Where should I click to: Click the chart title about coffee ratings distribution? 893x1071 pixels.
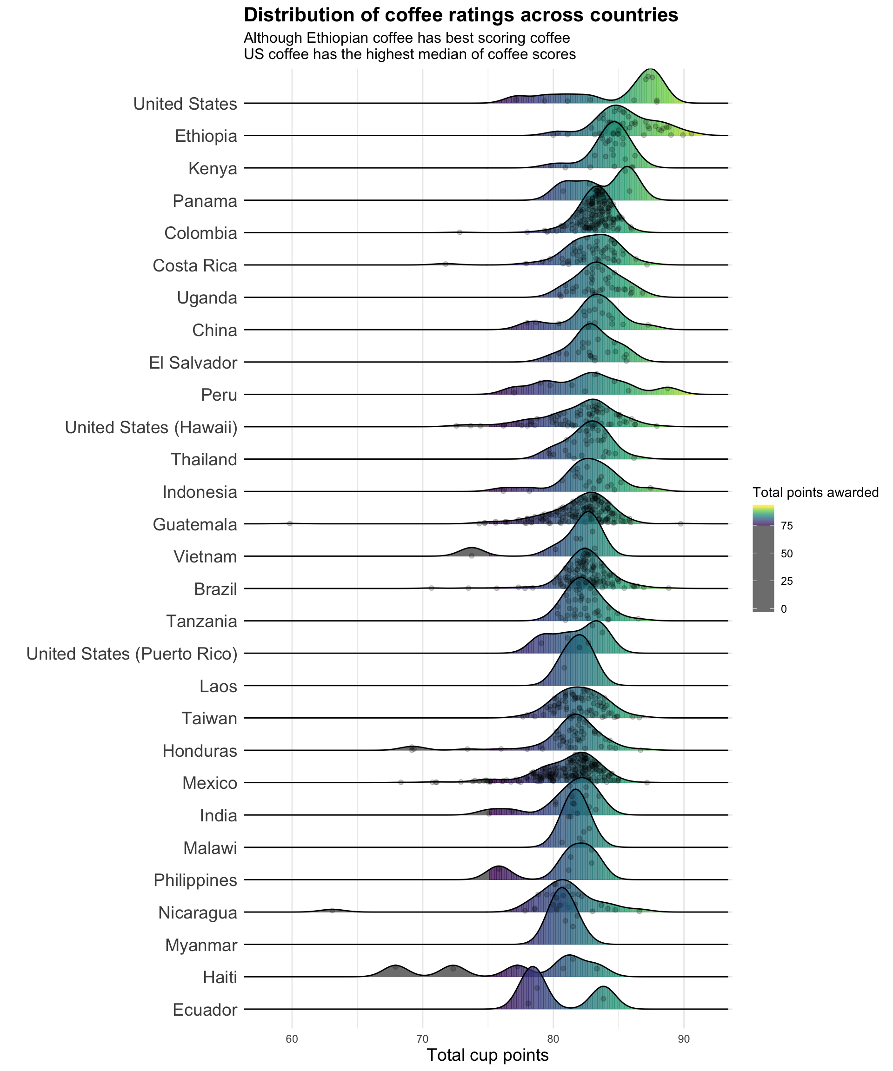coord(461,15)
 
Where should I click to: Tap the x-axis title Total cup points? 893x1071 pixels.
coord(487,1055)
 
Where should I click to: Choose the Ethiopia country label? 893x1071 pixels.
coord(206,136)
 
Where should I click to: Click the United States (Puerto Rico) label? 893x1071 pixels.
coord(132,654)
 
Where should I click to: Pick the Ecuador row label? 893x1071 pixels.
coord(205,1010)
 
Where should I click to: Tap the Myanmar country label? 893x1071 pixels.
coord(201,945)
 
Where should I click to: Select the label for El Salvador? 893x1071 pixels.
coord(193,363)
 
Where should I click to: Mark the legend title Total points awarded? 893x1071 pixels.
coord(815,492)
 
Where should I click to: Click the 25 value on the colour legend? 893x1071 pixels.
coord(786,582)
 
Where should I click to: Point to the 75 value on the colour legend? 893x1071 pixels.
coord(786,526)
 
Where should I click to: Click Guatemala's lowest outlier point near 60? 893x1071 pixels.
coord(290,523)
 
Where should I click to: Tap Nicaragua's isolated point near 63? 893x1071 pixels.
coord(332,910)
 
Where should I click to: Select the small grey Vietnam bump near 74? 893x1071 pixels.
coord(472,551)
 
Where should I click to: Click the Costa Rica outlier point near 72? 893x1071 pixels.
coord(446,264)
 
